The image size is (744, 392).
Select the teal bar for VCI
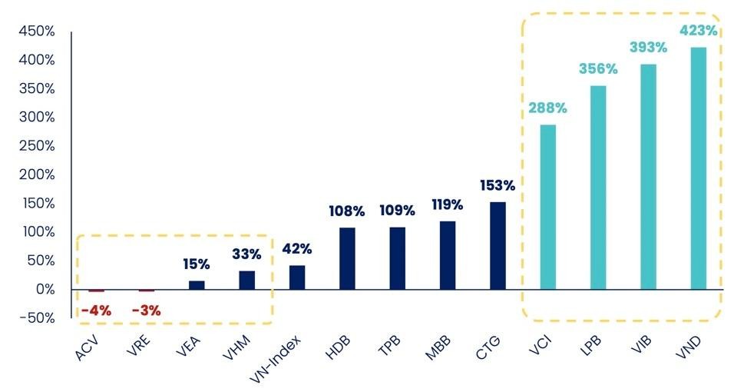(x=547, y=207)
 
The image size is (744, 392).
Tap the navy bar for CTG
(x=498, y=245)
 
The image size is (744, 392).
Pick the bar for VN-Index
(x=297, y=277)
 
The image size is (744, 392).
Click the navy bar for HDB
(x=347, y=258)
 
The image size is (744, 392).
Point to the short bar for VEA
(x=197, y=284)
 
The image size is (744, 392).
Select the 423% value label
(x=698, y=32)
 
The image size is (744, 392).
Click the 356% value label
(x=598, y=69)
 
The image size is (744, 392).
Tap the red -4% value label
(x=96, y=311)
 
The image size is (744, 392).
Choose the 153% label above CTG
(x=498, y=185)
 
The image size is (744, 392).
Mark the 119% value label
(x=448, y=204)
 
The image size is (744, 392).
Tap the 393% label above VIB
(x=648, y=48)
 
